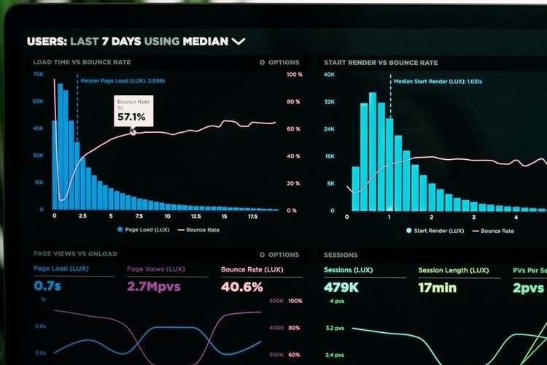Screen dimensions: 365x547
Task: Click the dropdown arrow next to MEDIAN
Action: pyautogui.click(x=238, y=42)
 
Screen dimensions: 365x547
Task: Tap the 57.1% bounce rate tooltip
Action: pyautogui.click(x=133, y=111)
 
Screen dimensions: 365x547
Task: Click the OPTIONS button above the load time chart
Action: pyautogui.click(x=279, y=63)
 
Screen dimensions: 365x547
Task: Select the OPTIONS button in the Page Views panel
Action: pyautogui.click(x=279, y=255)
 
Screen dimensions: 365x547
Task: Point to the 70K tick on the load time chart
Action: pyautogui.click(x=38, y=74)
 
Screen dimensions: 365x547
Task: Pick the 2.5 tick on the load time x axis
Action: pyautogui.click(x=82, y=216)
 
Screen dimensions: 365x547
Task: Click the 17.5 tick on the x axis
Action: pyautogui.click(x=252, y=216)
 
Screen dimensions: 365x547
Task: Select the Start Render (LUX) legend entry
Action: pyautogui.click(x=436, y=231)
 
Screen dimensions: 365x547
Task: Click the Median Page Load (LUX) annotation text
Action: pyautogui.click(x=123, y=82)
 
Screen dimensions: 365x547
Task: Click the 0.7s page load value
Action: pyautogui.click(x=48, y=286)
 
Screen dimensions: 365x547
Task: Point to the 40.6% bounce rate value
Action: pyautogui.click(x=241, y=287)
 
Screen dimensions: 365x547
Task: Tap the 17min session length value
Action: pyautogui.click(x=437, y=287)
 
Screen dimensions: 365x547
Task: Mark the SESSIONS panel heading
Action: pyautogui.click(x=341, y=255)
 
